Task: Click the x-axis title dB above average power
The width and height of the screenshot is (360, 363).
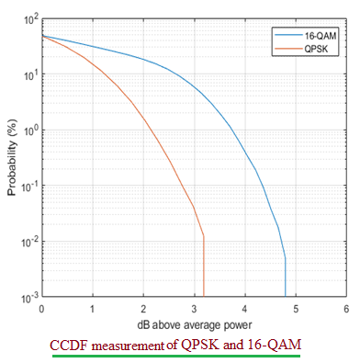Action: tap(194, 323)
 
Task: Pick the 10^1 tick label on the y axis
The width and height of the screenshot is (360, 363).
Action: tap(28, 74)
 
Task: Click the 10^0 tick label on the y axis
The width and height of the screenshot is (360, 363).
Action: tap(28, 130)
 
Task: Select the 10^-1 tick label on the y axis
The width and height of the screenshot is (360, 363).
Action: tap(28, 186)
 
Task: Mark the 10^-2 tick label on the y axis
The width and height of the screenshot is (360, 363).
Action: tap(28, 242)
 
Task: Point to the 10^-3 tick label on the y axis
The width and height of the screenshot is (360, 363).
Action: tap(28, 298)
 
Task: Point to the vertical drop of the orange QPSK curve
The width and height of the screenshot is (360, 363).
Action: tap(203, 268)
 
